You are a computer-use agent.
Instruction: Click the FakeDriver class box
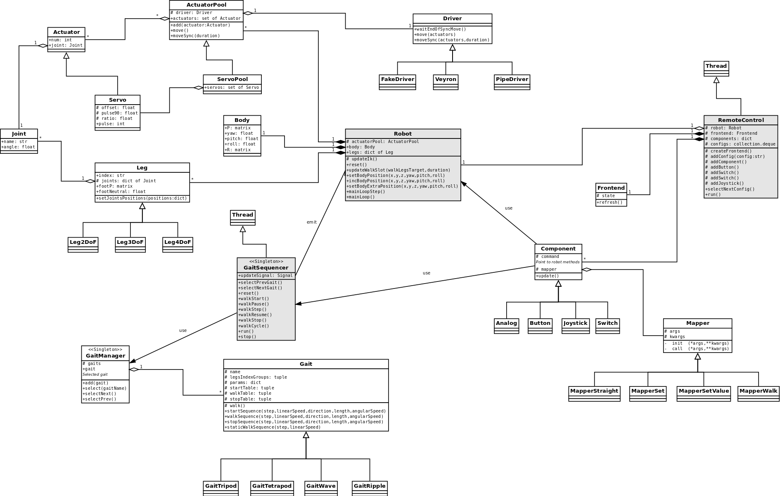[x=397, y=81]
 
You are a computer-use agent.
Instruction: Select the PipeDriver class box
[x=512, y=81]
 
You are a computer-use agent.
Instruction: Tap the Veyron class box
[x=446, y=81]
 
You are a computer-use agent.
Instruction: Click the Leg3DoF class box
[x=130, y=244]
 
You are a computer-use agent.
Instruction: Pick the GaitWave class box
[x=321, y=488]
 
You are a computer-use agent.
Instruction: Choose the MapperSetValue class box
[x=704, y=393]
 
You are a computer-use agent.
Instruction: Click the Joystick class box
[x=575, y=325]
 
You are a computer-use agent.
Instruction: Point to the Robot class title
[x=403, y=134]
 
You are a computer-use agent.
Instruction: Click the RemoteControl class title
[x=740, y=120]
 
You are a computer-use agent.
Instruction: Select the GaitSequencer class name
[x=266, y=267]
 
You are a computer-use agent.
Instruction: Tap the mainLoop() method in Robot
[x=361, y=197]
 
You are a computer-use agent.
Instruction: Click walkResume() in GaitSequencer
[x=254, y=315]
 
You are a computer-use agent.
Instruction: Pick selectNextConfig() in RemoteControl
[x=730, y=189]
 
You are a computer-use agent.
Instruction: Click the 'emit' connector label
[x=312, y=222]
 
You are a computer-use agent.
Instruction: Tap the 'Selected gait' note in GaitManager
[x=95, y=374]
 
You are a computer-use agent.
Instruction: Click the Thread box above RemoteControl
[x=716, y=68]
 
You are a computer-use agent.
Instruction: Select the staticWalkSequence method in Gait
[x=273, y=427]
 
